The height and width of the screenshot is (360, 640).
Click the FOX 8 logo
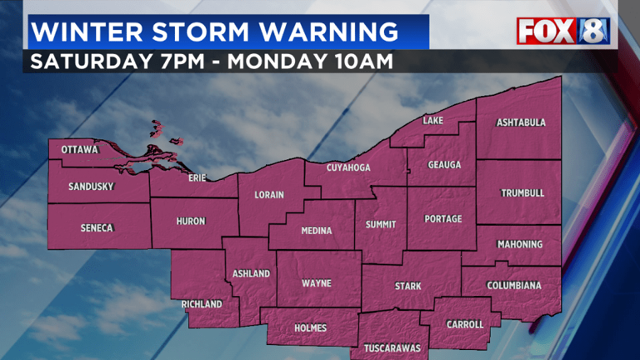563,31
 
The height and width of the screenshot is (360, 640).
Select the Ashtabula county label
521,122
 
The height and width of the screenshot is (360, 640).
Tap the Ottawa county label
80,150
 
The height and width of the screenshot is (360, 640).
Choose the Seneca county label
97,227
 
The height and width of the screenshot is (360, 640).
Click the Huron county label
190,221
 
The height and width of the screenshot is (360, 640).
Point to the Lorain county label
269,195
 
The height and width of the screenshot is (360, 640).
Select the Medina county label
316,231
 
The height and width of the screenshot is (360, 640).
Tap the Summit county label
381,224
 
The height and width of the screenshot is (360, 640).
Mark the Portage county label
442,219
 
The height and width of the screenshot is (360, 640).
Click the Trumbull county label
522,192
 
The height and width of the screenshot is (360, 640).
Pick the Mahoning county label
520,244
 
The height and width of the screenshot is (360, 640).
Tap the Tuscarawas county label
392,347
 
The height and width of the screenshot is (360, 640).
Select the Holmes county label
311,327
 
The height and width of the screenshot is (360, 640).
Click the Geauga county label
444,164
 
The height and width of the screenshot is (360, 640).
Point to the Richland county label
202,304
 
